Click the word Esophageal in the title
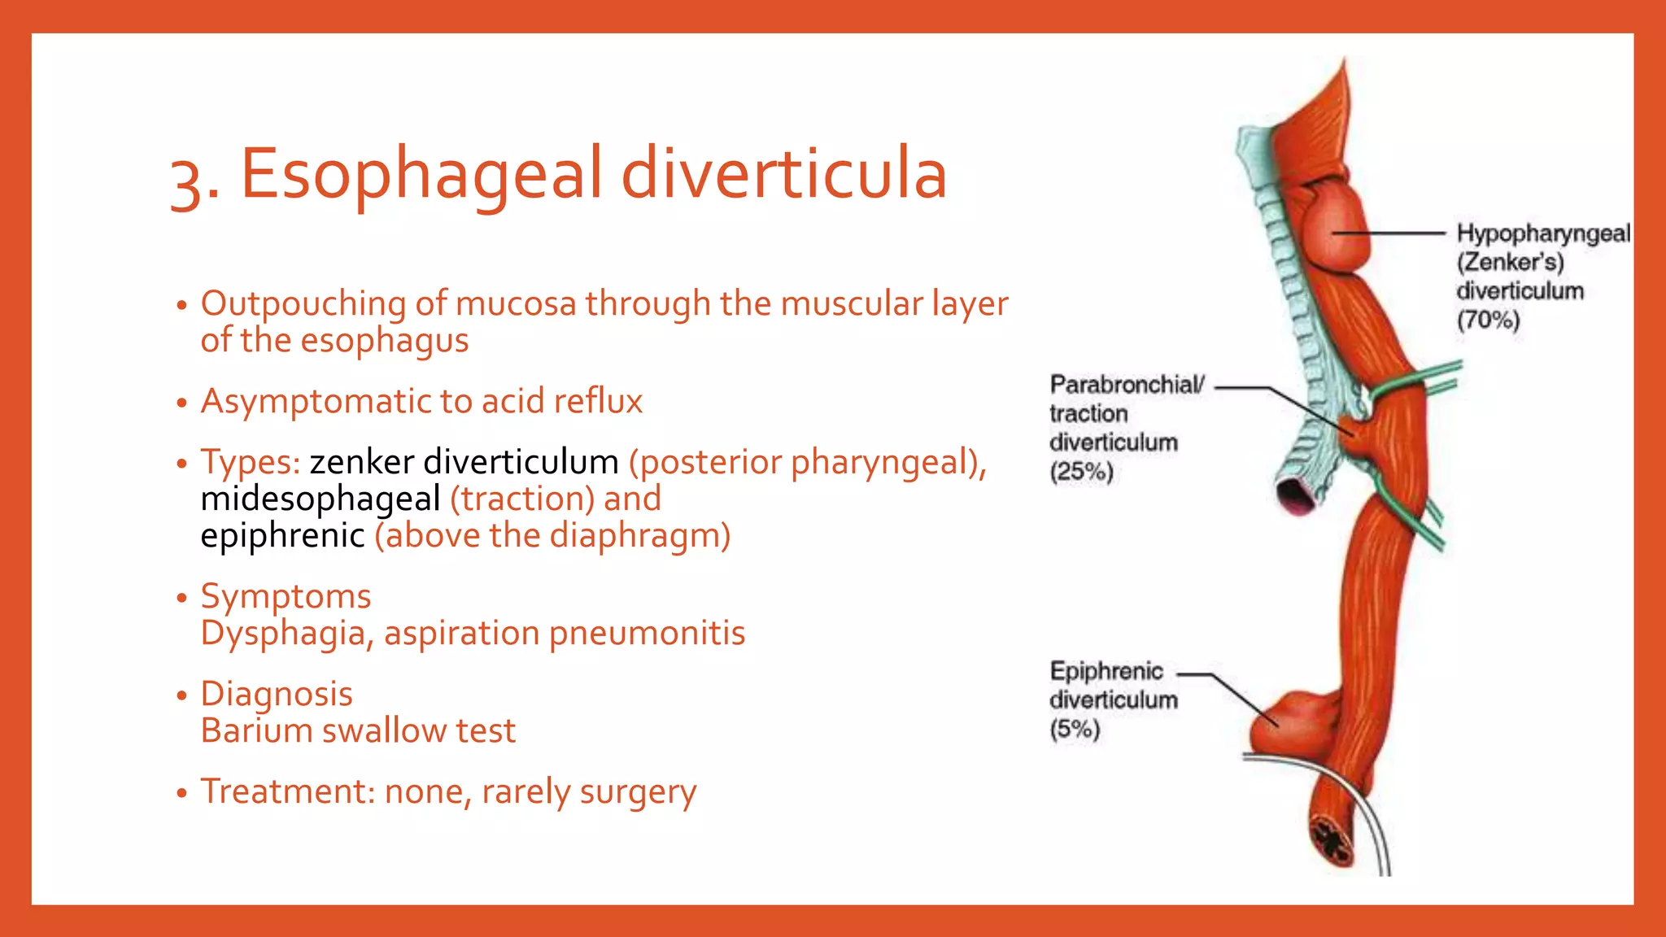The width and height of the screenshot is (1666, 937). pos(421,174)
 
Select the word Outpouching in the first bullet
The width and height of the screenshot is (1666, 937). pos(303,304)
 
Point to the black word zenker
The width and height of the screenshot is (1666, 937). pos(361,462)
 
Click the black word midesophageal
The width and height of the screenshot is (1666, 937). pos(321,499)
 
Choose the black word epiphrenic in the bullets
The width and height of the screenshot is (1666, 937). pos(282,536)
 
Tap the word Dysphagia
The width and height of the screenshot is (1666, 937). pos(286,634)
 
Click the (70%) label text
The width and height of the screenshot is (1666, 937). pos(1488,320)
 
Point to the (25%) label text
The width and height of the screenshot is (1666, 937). pos(1080,472)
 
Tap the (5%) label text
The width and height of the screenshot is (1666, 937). pos(1074,730)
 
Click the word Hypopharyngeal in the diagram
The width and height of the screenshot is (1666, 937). pos(1542,233)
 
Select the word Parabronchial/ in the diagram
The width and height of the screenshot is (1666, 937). pos(1127,384)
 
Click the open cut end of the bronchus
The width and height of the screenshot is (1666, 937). pos(1296,495)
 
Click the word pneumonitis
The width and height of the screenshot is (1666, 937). pos(646,634)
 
